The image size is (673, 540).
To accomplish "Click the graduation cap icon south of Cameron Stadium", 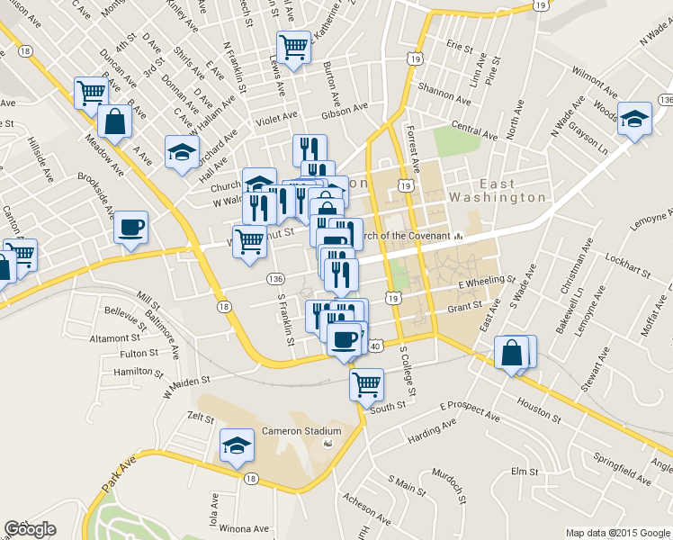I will click(238, 445).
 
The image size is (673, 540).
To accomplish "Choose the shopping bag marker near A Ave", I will click(116, 121).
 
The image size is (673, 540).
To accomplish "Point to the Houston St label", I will click(539, 414).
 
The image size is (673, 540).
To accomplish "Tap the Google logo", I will click(30, 530).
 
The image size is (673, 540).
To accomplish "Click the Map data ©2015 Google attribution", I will click(617, 533).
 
